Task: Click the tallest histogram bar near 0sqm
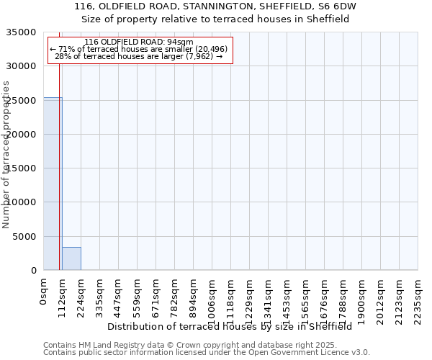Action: coord(52,184)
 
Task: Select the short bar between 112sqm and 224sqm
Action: coord(71,258)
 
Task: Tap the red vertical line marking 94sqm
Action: coord(59,158)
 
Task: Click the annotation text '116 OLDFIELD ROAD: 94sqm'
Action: coord(139,42)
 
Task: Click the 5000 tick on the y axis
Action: coord(24,236)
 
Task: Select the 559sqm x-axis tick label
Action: coord(137,295)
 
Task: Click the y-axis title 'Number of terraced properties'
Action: coord(6,154)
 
